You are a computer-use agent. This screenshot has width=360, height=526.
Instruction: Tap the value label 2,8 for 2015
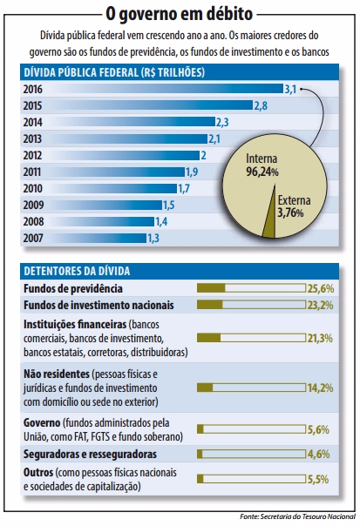259,105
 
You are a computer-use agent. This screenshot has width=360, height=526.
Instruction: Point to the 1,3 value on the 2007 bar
153,238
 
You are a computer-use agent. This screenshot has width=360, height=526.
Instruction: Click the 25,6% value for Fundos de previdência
320,287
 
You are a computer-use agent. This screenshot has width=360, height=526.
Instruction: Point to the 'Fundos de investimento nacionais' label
98,305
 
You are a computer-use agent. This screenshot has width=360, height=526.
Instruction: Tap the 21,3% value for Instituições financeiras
320,338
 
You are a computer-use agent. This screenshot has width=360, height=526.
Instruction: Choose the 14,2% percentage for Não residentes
320,388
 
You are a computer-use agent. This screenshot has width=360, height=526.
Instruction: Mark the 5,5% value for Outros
320,478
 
